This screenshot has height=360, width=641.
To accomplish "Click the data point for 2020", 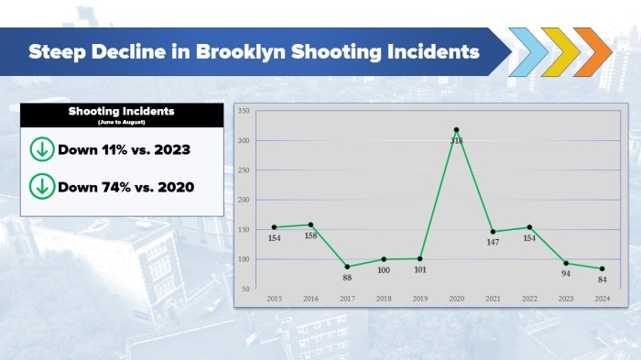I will point(456,130).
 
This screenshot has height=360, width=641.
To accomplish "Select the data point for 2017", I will point(347,267).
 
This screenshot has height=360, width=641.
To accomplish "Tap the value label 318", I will point(456,141).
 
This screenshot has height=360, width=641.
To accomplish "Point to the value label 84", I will point(602,279).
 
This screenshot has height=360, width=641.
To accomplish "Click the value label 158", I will point(310,235).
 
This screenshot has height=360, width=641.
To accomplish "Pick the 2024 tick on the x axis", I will point(602,299).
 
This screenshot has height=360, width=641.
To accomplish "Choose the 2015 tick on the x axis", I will point(274,299).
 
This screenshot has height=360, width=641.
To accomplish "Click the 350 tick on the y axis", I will point(244,111).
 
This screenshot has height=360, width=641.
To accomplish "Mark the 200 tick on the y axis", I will point(244,200).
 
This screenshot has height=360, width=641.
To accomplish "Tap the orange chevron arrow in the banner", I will point(592,52).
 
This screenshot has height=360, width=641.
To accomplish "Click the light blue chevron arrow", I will point(527,52).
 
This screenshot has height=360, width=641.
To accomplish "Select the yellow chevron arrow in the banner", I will point(560,52).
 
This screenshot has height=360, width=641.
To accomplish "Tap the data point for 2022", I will point(529,227).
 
